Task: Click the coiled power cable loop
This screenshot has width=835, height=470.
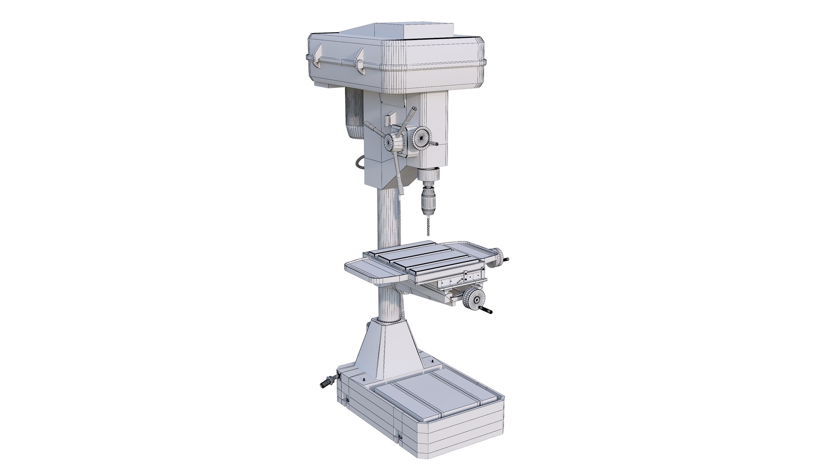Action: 360,163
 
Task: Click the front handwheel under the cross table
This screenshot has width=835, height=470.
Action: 473,299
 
